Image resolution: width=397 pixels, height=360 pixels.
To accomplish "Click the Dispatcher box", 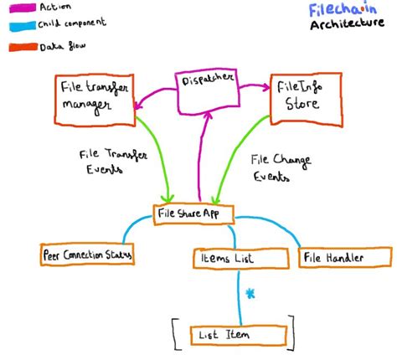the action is point(207,91).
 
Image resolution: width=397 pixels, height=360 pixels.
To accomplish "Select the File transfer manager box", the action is point(95,100).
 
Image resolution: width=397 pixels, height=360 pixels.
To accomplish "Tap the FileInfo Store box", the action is point(307,100).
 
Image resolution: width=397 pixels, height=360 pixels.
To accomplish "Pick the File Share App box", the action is point(193,214).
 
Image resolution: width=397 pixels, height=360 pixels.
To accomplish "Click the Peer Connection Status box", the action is point(87,254).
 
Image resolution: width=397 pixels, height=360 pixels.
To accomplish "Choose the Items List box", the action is point(240,258).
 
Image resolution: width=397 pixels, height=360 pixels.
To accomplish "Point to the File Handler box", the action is point(345,257).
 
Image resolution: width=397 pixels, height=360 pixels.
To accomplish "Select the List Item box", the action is point(239,335).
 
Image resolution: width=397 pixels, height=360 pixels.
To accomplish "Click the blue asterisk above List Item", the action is point(250,294).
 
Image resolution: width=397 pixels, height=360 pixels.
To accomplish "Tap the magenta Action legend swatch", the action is point(23,8).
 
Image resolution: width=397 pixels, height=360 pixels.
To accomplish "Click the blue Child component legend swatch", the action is point(23,26).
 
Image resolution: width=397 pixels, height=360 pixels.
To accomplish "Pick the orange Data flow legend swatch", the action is point(23,47).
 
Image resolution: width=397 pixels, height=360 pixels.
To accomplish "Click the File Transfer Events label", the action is point(113,162).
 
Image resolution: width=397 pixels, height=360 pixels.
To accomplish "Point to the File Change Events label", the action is point(281,168).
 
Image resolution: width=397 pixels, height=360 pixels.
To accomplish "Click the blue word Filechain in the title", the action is point(343,9).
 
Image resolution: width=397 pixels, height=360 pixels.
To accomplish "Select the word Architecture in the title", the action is point(347,23).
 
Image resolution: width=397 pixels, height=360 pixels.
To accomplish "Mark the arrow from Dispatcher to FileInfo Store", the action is point(255,85).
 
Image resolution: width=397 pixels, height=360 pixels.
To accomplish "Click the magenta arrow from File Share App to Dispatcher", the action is point(202,157).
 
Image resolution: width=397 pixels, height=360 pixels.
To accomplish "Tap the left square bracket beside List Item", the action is point(176,334).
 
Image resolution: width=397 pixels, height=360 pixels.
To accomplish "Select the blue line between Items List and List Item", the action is point(239,297).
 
